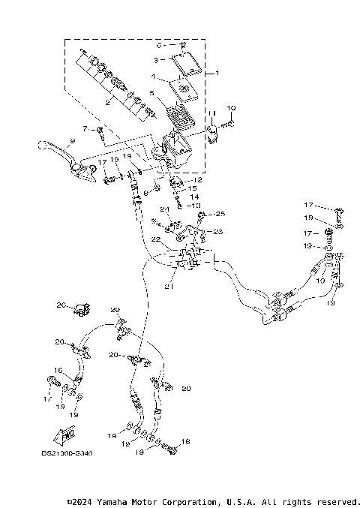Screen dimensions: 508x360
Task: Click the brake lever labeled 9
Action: click(56, 149)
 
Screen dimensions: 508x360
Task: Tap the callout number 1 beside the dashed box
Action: click(217, 74)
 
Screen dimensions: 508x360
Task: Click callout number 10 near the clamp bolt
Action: click(231, 109)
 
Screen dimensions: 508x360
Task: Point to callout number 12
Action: click(197, 180)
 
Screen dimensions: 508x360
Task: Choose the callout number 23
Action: click(218, 232)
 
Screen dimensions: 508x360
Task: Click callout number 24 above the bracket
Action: click(164, 209)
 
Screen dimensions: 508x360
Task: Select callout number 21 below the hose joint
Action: click(169, 287)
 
